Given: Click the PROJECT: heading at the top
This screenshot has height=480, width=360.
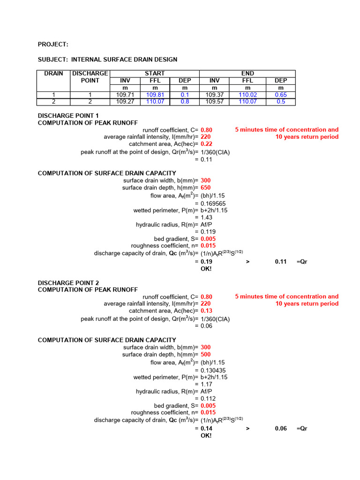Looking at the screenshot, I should click(53, 45).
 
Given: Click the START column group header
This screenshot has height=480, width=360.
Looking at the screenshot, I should click(154, 74).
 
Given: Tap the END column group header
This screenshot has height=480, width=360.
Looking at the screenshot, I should click(247, 74).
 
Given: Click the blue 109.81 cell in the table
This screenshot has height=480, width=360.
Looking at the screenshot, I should click(154, 95).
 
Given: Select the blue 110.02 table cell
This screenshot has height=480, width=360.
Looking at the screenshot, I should click(247, 95).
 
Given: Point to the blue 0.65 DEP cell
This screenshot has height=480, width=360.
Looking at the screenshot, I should click(281, 95).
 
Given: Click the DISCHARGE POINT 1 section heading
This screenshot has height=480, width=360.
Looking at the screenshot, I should click(68, 116).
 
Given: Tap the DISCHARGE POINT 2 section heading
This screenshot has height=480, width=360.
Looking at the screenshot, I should click(68, 283).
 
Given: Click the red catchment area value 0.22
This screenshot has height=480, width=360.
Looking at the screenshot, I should click(206, 144).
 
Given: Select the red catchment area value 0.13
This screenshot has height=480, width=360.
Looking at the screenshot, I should click(206, 311).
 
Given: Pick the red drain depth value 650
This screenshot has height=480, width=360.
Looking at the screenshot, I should click(206, 187).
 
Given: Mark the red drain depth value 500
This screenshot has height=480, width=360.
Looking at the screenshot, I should click(206, 354).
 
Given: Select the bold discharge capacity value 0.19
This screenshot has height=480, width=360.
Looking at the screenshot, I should click(206, 262).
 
